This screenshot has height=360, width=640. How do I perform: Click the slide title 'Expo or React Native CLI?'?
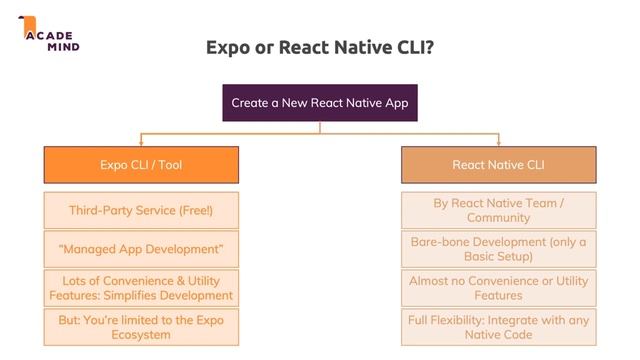(x=319, y=47)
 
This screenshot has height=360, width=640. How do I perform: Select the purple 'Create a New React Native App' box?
(x=319, y=102)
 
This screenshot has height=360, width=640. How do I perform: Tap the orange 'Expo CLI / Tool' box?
(x=141, y=165)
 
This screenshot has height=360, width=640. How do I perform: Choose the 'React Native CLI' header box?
(x=498, y=165)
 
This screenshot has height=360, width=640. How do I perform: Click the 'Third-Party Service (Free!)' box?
(x=141, y=210)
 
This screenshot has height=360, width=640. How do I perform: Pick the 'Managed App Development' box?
(x=141, y=248)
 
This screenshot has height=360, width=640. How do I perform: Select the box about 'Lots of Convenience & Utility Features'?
(x=141, y=288)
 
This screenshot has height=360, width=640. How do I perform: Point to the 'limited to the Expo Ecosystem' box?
(x=141, y=327)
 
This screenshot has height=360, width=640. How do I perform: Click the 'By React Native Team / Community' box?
(x=498, y=210)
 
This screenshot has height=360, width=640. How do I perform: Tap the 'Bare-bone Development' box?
(x=498, y=248)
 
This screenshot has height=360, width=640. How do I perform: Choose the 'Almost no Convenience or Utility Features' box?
(x=498, y=288)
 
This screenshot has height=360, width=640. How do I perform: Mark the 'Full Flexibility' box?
(x=498, y=327)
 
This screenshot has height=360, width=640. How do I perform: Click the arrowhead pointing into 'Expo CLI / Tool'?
(x=141, y=142)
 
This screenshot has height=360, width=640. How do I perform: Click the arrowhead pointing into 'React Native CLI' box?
(x=498, y=142)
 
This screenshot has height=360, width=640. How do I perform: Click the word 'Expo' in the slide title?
(x=227, y=47)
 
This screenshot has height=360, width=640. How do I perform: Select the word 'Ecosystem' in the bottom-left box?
(x=141, y=335)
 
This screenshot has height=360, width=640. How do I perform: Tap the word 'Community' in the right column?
(x=498, y=218)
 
